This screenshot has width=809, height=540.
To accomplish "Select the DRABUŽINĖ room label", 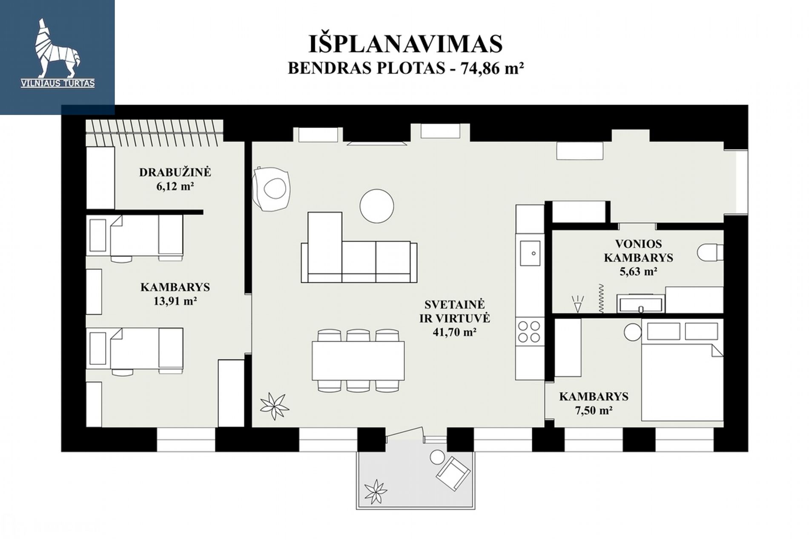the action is [x=175, y=172].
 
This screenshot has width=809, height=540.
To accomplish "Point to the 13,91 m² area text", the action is [x=175, y=301].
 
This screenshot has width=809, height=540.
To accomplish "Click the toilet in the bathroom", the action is [x=710, y=252].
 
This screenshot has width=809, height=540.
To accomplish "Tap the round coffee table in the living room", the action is [x=376, y=206].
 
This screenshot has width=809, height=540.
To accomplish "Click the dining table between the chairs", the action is [x=358, y=360].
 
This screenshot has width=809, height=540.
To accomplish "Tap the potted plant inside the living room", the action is [x=274, y=406].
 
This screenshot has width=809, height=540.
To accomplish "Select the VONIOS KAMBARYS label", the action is [x=638, y=251].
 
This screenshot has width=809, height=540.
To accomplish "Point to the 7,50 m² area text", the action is [x=594, y=410].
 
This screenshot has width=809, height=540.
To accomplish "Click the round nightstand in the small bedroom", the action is [x=633, y=332].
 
